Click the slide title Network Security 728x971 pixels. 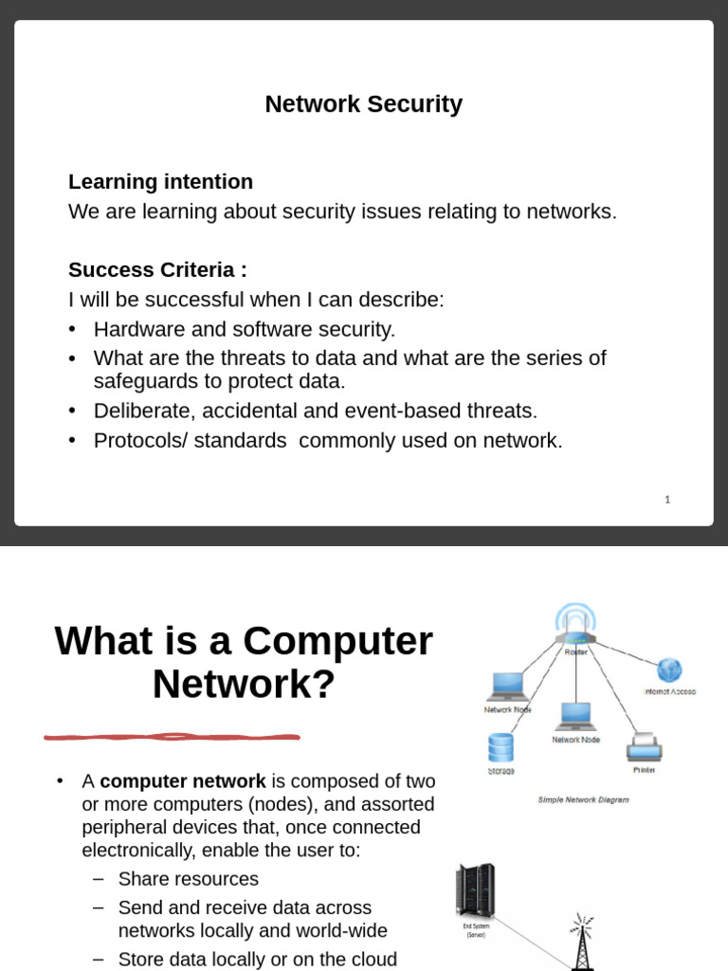coord(363,104)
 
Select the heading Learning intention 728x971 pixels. coord(160,182)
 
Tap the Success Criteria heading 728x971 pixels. coord(157,270)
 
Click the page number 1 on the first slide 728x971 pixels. coord(667,499)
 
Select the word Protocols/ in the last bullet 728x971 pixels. coord(138,441)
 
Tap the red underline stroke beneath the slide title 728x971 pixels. coord(172,736)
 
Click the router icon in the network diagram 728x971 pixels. coord(575,626)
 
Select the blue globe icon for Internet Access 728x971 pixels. coord(669,670)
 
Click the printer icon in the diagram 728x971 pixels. coord(643,747)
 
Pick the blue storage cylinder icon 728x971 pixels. coord(500,748)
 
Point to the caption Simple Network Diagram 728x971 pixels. coord(583,799)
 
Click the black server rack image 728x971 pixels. coord(475,891)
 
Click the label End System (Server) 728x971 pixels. coord(475,930)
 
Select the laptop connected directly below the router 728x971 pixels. coord(574,717)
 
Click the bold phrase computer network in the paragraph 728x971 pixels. coord(183,781)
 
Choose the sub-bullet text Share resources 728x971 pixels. coord(188,879)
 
